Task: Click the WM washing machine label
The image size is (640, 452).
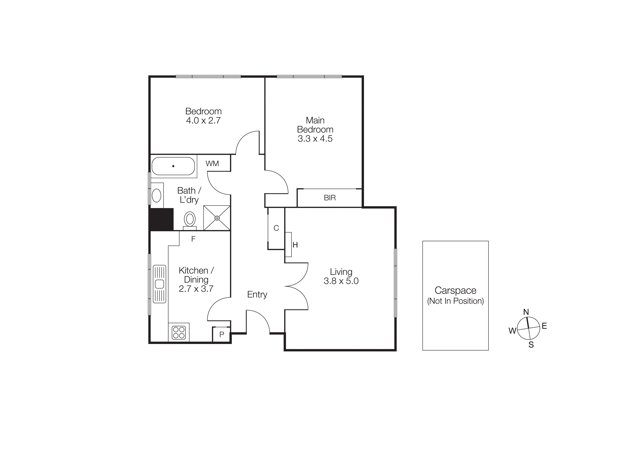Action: [212, 164]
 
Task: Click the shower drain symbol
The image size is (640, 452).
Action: [217, 218]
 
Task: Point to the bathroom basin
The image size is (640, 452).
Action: [157, 195]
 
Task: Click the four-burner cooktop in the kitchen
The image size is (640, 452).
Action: [179, 332]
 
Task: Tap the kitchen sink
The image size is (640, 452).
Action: [159, 284]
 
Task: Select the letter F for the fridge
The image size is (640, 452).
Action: [193, 239]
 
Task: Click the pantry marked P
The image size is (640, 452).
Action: [222, 334]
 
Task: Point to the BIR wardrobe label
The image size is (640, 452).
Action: [330, 198]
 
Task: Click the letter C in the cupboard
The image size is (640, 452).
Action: [276, 228]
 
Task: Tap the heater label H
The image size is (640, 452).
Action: [295, 245]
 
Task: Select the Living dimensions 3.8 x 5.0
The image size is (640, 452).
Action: [341, 281]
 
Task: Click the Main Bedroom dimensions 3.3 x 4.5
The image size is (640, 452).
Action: [315, 139]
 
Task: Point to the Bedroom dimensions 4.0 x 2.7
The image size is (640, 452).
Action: [203, 121]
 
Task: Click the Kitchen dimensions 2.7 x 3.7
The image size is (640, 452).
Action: [196, 289]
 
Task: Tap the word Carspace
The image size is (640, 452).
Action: [455, 290]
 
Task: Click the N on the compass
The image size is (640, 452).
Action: [526, 312]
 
